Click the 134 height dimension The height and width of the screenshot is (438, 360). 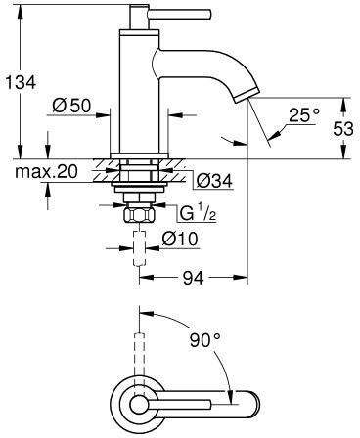[21, 82]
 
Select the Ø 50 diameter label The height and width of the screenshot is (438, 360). [71, 106]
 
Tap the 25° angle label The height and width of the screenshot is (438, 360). [304, 114]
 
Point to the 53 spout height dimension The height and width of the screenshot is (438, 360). [343, 128]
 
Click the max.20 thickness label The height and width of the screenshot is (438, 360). [46, 171]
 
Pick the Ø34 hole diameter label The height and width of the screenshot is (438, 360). [214, 180]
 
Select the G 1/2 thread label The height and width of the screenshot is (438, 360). [198, 213]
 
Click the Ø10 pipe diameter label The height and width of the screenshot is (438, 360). [180, 239]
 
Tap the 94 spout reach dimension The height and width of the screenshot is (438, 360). [193, 278]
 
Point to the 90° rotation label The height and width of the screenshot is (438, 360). [205, 340]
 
